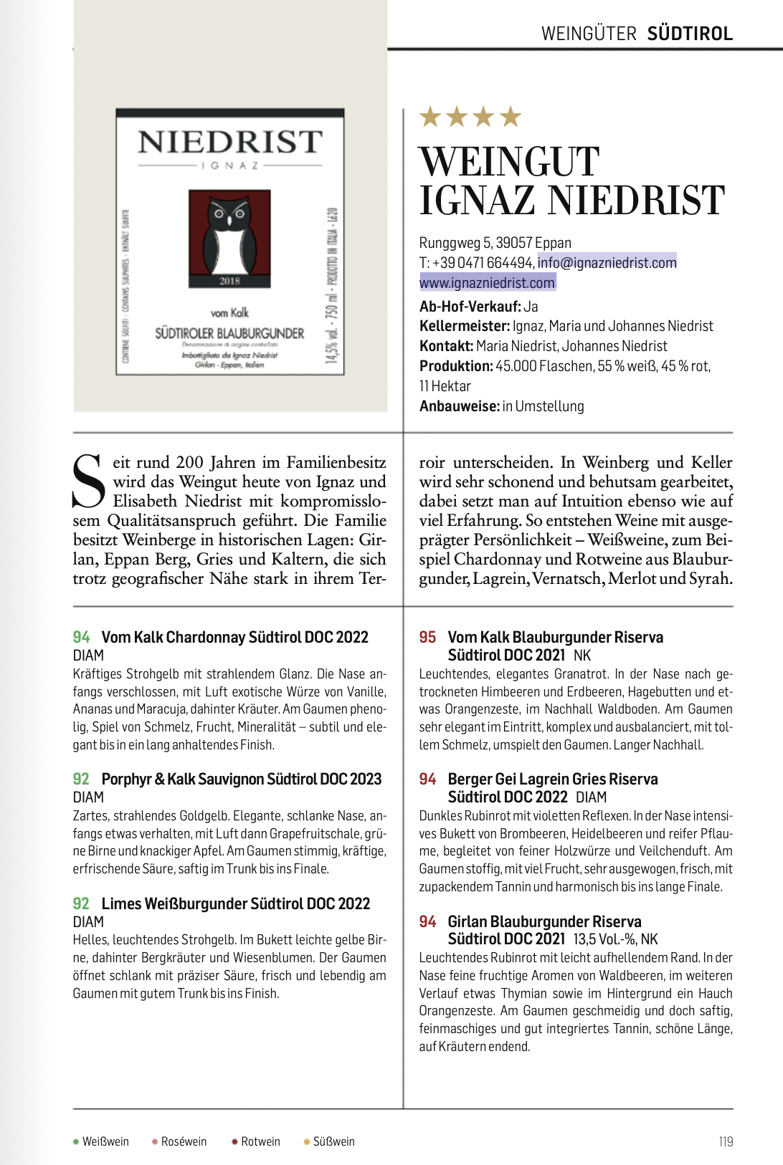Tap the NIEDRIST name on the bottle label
(x=230, y=142)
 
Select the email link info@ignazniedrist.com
(x=607, y=263)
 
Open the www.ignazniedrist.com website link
(x=487, y=283)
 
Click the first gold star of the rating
(x=430, y=116)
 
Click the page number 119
(x=726, y=1141)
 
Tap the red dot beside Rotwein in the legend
(x=234, y=1141)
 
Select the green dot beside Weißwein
(x=76, y=1141)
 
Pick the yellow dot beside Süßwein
(x=307, y=1141)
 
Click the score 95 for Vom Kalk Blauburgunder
(x=427, y=637)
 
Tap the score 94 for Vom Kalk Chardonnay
(x=81, y=637)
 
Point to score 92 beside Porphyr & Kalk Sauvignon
(x=81, y=779)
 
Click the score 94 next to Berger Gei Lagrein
(x=427, y=779)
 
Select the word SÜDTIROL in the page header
(x=690, y=34)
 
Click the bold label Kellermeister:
(x=465, y=326)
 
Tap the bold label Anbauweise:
(x=459, y=406)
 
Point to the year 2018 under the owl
(x=229, y=281)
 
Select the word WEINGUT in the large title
(x=509, y=162)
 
